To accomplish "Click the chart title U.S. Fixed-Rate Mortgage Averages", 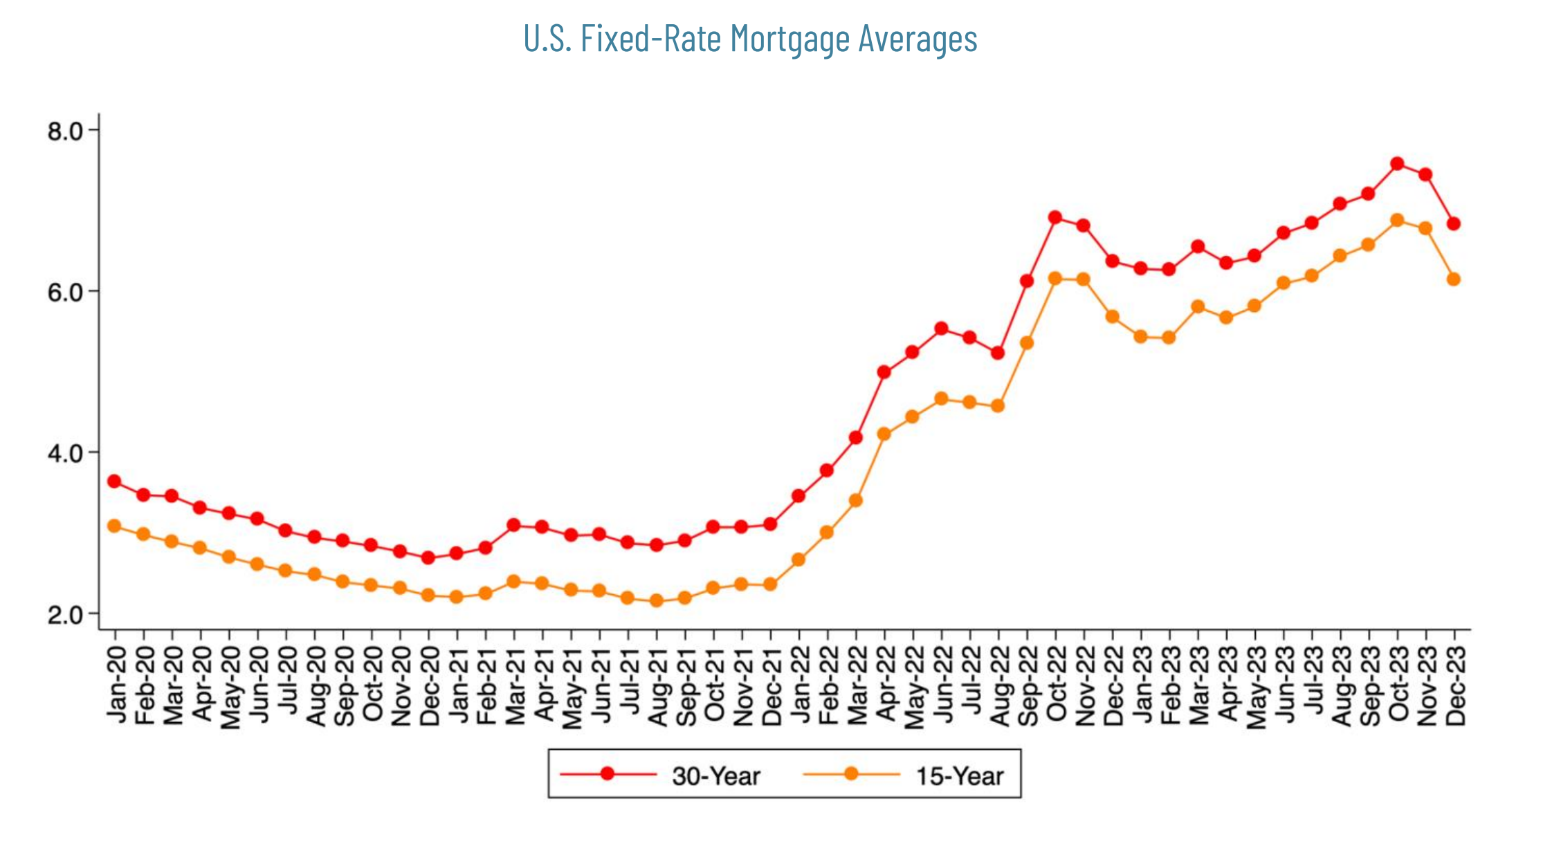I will tap(750, 39).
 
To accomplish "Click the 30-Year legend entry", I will tap(715, 776).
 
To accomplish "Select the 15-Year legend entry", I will tap(959, 776).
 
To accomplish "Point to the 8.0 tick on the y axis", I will tap(65, 131).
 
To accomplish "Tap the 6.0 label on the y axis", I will tap(65, 292).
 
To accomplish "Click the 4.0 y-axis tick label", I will tap(65, 453).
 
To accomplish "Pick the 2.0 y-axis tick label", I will tap(65, 614).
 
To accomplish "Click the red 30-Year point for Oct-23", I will tap(1396, 164).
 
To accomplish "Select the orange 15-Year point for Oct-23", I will tap(1396, 220).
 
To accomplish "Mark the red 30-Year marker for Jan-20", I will tap(114, 481).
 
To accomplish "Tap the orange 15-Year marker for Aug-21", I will tap(657, 600).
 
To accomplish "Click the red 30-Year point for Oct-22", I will tap(1054, 218).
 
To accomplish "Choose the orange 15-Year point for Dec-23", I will tap(1453, 279).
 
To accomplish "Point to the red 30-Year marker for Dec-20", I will tap(428, 558).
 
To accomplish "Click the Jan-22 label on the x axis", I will tap(799, 685).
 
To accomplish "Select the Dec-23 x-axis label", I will tap(1454, 685).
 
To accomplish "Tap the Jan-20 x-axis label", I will tap(116, 685).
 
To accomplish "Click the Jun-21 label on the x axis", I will tap(600, 685).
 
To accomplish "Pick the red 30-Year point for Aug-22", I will tap(997, 353).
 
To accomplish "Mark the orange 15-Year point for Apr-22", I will tap(884, 434).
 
